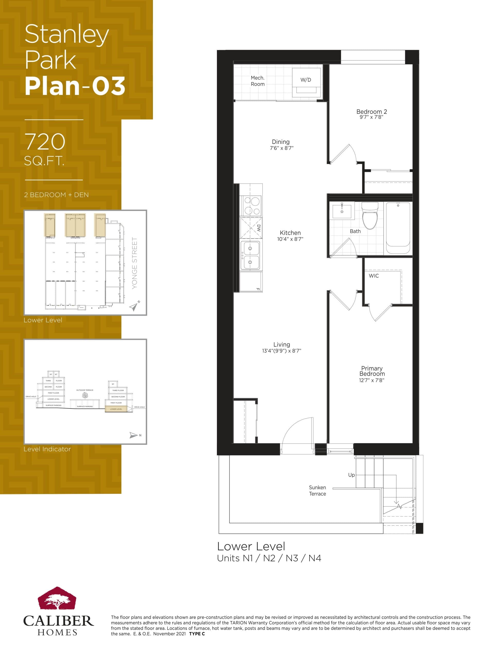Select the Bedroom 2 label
(x=371, y=112)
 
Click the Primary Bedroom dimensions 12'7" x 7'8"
(x=371, y=380)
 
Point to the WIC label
(x=374, y=276)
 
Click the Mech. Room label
(x=258, y=81)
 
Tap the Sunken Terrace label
(x=317, y=491)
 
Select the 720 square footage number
(x=45, y=142)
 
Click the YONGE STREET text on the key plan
(x=135, y=263)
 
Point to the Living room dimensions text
(x=281, y=351)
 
